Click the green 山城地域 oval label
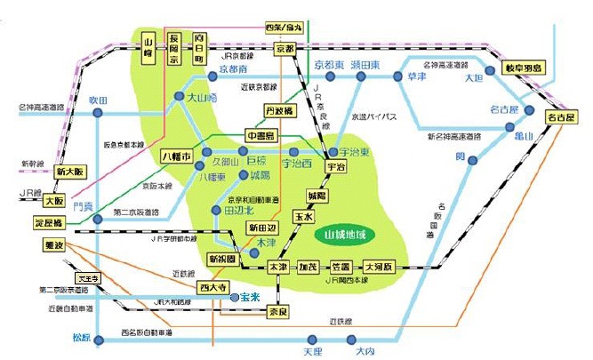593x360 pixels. tap(346, 236)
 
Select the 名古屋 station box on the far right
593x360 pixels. tap(562, 116)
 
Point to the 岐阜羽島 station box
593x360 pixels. tap(524, 67)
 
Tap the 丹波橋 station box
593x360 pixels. tap(278, 111)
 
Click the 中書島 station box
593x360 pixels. tap(262, 135)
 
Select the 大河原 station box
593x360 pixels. tap(382, 267)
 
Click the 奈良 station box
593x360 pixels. tap(278, 312)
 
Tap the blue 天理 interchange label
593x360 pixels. tap(313, 352)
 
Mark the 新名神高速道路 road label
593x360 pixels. tap(453, 136)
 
